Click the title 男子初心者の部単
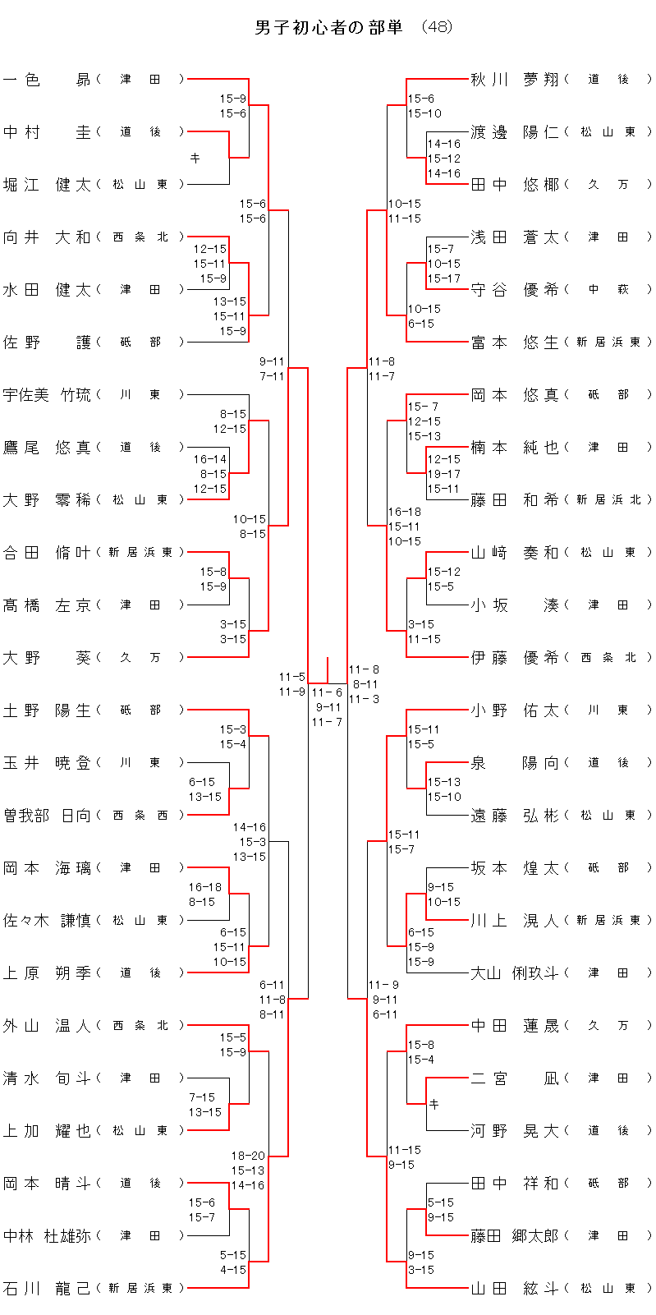click(329, 27)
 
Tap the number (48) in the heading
click(436, 27)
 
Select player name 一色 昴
click(47, 80)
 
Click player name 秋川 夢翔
click(515, 80)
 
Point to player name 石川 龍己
click(47, 1288)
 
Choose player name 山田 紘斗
click(515, 1288)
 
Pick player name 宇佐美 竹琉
click(47, 395)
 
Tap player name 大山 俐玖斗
click(515, 972)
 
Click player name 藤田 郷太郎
click(515, 1235)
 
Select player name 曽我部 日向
click(47, 815)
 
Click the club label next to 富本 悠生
click(608, 342)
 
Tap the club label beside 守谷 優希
click(608, 289)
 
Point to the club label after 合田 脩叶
click(140, 552)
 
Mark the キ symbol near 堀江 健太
click(195, 158)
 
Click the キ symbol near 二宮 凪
click(434, 1104)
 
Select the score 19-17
click(443, 474)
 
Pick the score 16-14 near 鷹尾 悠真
click(210, 459)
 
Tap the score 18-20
click(248, 1156)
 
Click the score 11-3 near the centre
click(364, 699)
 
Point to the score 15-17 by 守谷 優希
click(443, 278)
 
